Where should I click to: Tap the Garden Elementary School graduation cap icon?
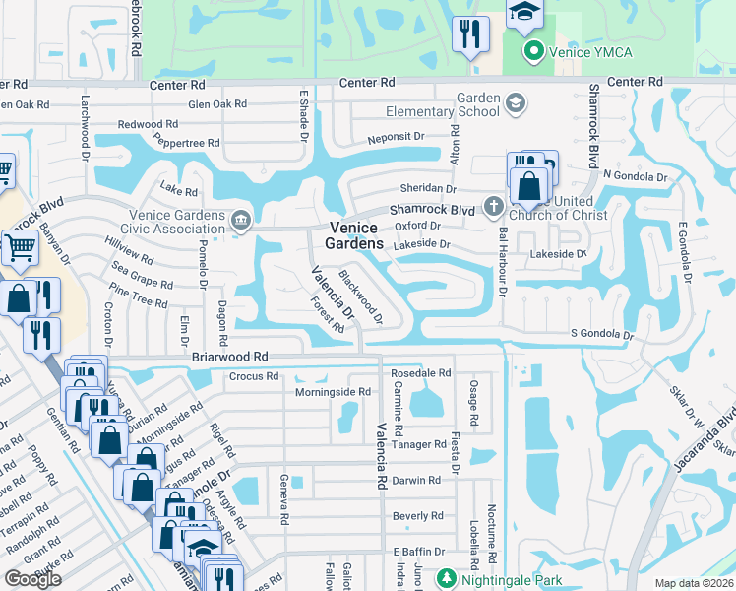click(x=515, y=102)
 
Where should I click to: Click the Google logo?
click(x=32, y=579)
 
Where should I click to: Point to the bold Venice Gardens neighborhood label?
click(x=354, y=235)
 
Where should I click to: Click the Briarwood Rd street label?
click(x=230, y=357)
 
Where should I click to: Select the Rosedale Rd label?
click(x=420, y=373)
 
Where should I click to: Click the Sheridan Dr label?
click(x=427, y=188)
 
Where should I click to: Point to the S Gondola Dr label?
click(x=602, y=335)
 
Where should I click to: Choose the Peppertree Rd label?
click(x=186, y=144)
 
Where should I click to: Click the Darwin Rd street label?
click(x=415, y=481)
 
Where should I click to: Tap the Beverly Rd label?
click(x=417, y=515)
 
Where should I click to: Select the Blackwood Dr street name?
click(x=360, y=296)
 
